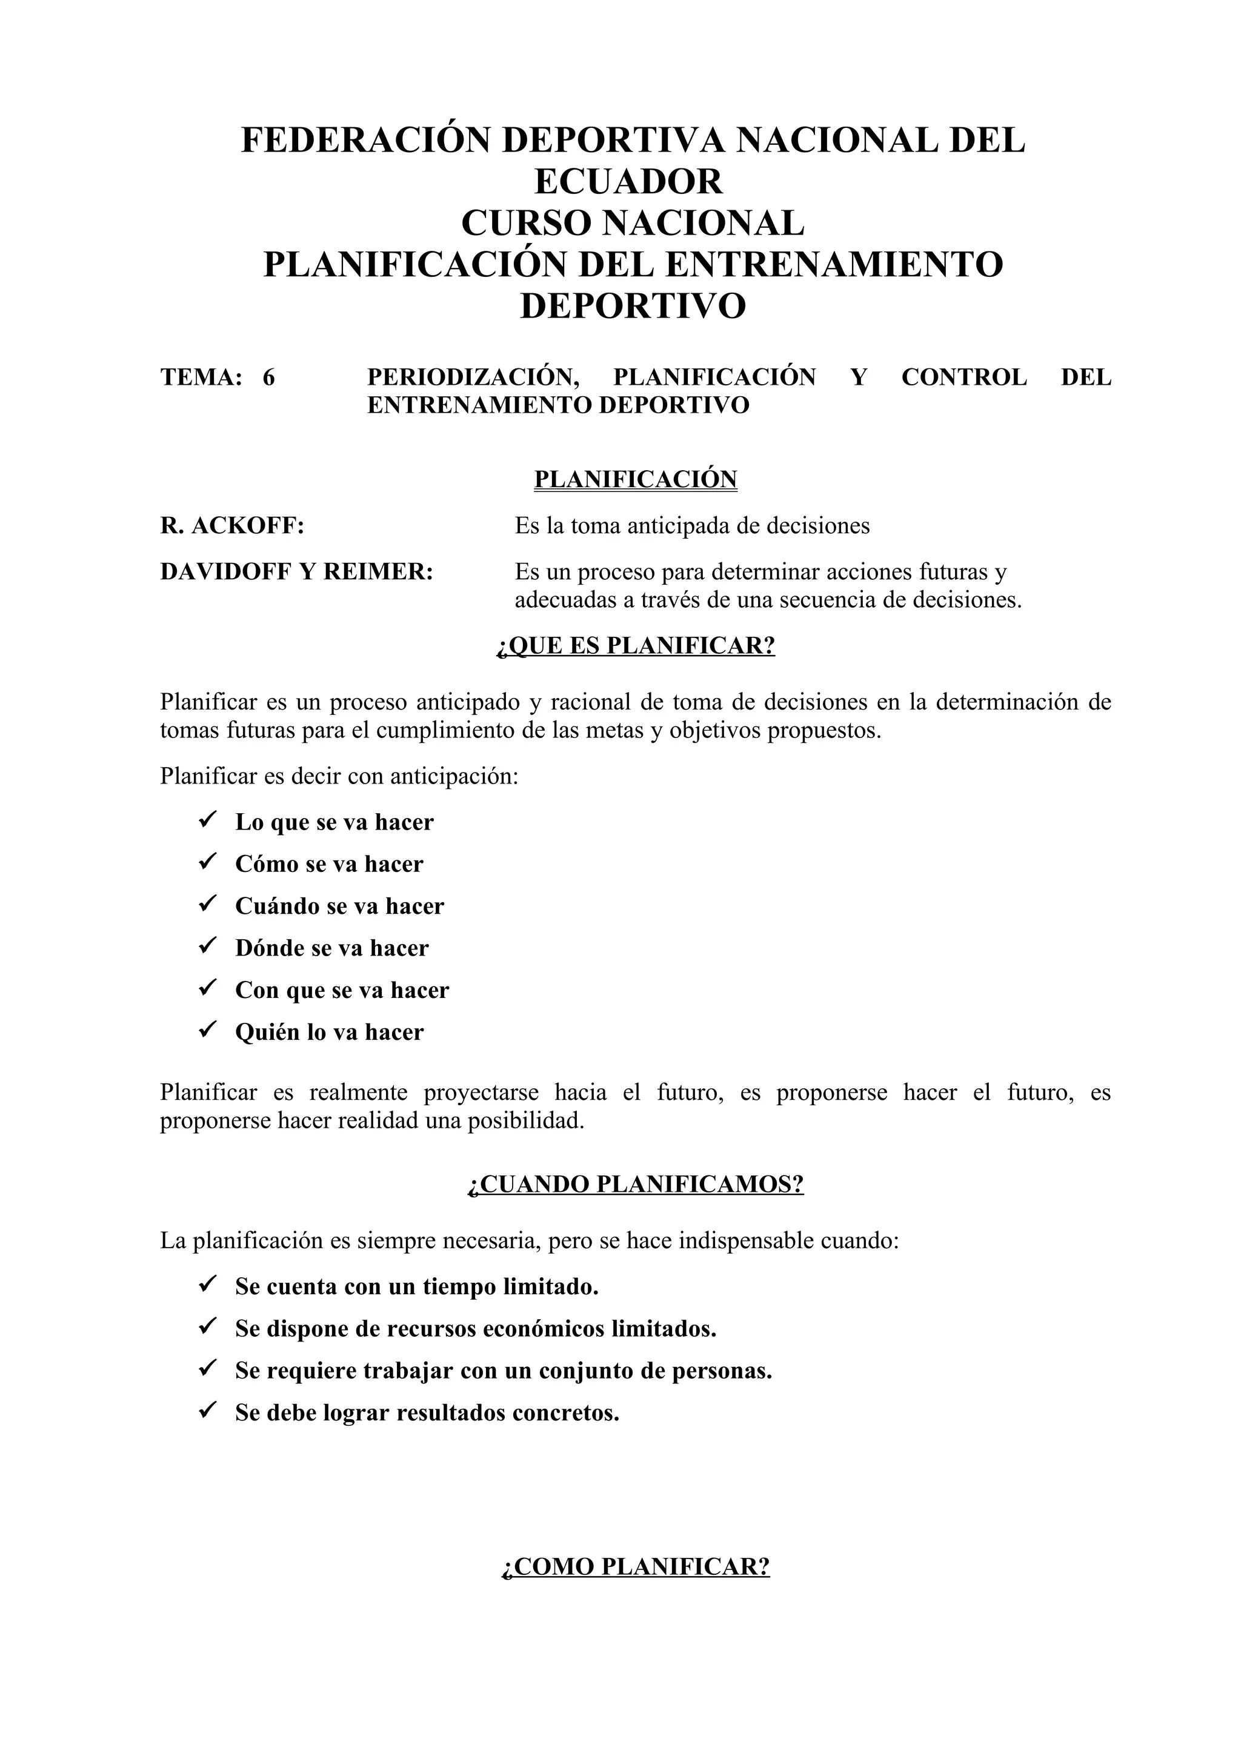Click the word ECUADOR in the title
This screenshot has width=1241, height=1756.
pyautogui.click(x=628, y=182)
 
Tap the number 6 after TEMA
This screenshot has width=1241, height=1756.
pyautogui.click(x=268, y=377)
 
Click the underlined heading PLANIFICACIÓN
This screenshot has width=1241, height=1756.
pyautogui.click(x=636, y=479)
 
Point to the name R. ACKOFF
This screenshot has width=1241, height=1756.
pyautogui.click(x=231, y=525)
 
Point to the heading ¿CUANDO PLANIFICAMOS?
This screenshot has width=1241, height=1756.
pyautogui.click(x=636, y=1184)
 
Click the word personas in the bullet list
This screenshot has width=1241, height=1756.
pyautogui.click(x=722, y=1371)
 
